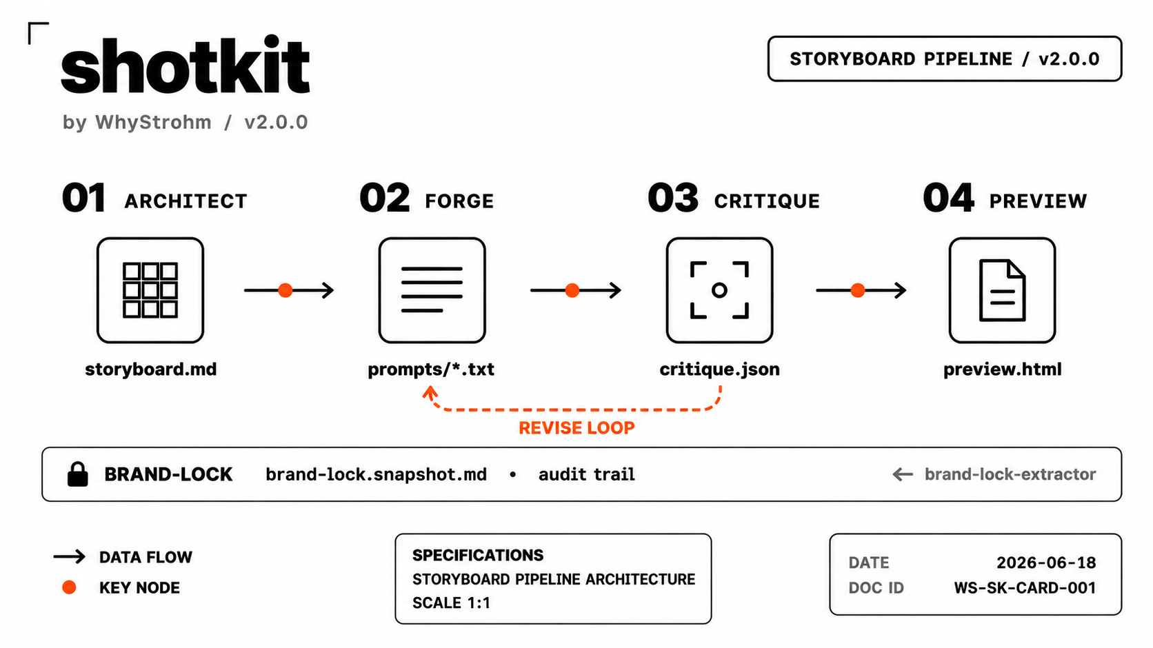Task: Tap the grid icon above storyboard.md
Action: (150, 290)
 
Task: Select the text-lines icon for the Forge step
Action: (432, 290)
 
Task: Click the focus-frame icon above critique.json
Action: (720, 290)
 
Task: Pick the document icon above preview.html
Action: (1002, 290)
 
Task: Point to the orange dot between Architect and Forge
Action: (285, 290)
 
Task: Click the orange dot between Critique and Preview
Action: (858, 290)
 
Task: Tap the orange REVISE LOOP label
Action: (576, 427)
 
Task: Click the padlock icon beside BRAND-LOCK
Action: (78, 474)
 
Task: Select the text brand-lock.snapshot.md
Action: (377, 474)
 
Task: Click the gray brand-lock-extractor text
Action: (1010, 474)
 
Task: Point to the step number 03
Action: (673, 198)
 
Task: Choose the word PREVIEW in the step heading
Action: (1039, 201)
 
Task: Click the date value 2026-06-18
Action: (1046, 563)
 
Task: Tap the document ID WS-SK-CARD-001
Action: (1025, 588)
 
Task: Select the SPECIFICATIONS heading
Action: (478, 555)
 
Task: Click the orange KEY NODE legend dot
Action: (69, 587)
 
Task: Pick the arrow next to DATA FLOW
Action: (70, 556)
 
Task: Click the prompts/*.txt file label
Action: (431, 369)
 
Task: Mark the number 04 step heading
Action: (948, 198)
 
